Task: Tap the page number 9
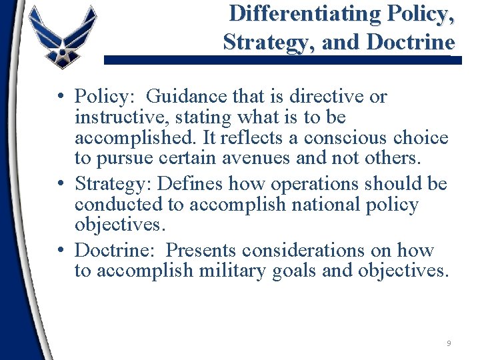pos(449,343)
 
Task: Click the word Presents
pos(201,251)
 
